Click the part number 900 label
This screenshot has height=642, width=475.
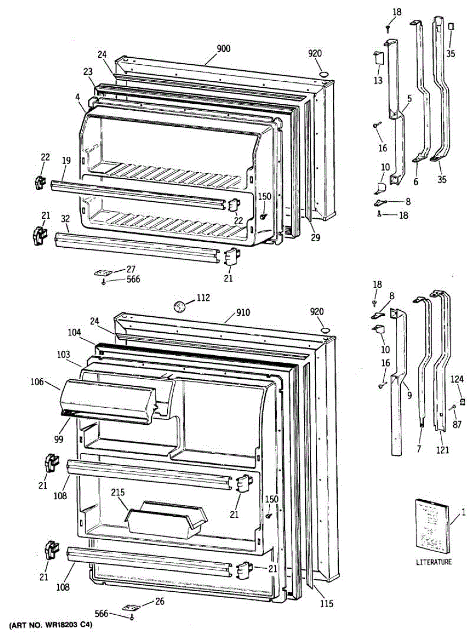(x=223, y=49)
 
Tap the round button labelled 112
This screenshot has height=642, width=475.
(x=179, y=306)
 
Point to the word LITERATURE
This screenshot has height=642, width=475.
(x=433, y=562)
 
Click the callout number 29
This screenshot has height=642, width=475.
(x=315, y=238)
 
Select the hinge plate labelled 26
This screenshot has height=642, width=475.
(x=131, y=608)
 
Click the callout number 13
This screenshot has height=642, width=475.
(x=378, y=81)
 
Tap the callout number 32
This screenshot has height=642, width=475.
(x=65, y=218)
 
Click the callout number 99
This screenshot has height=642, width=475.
(x=58, y=439)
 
